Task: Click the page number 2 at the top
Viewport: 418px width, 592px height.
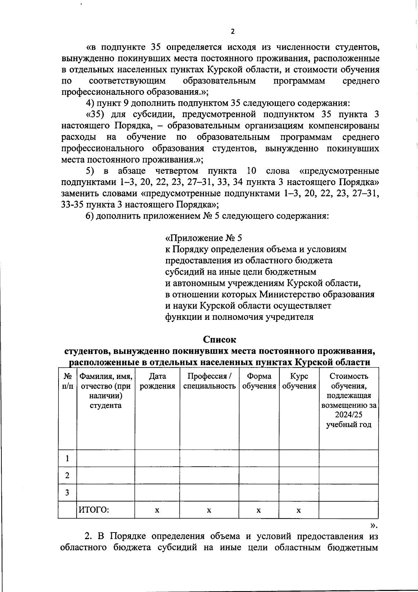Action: point(233,32)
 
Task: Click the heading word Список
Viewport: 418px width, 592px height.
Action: point(219,339)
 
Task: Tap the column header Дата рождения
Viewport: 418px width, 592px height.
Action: point(157,381)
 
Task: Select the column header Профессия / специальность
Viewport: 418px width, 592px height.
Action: point(209,381)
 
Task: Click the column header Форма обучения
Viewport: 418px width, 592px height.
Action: point(259,381)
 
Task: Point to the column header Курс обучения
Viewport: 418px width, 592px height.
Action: point(299,381)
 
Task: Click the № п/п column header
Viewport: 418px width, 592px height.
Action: point(67,381)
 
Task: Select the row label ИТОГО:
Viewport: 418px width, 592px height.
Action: point(94,510)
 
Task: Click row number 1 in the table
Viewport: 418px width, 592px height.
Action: point(67,458)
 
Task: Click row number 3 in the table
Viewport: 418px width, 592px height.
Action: point(67,492)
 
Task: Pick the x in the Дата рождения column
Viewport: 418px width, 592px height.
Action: point(157,510)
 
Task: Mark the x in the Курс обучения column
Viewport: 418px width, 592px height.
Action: point(299,510)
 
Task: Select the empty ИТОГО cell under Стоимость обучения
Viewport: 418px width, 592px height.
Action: point(349,510)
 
